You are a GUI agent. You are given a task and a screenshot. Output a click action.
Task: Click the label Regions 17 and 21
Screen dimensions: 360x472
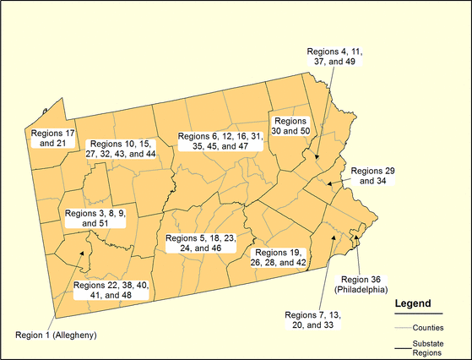[53, 138]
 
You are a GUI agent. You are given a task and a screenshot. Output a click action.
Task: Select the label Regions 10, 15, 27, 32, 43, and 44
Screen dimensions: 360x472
[122, 150]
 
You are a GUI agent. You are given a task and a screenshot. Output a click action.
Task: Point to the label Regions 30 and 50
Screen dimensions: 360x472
[292, 126]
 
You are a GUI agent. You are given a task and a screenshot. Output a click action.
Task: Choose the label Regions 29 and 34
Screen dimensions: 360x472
[372, 175]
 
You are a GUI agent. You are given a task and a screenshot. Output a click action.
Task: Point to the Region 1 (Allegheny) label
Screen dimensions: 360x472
[57, 335]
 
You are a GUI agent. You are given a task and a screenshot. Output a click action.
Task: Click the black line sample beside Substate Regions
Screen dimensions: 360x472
[407, 346]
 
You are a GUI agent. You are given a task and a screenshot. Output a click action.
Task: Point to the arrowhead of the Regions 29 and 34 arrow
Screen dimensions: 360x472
[328, 183]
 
